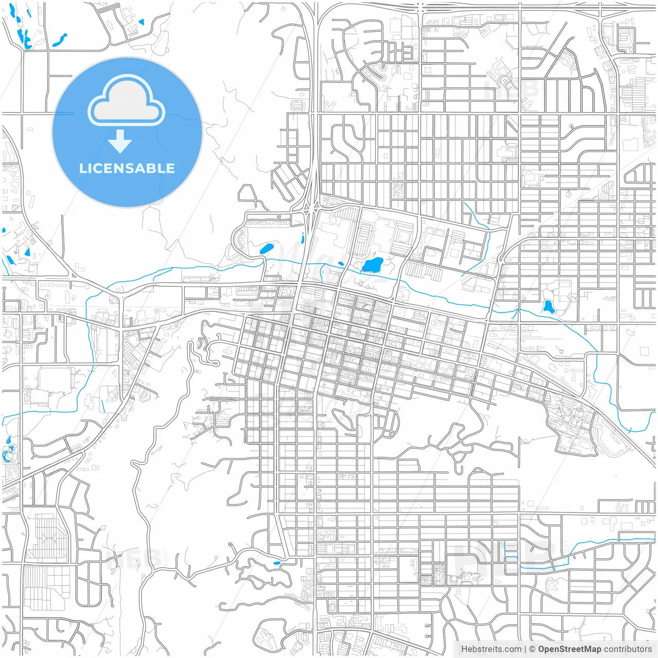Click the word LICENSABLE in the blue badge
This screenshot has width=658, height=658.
[126, 168]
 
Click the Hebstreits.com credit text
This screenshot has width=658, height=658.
[491, 649]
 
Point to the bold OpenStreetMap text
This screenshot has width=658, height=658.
[570, 649]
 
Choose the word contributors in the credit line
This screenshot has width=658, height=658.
[628, 649]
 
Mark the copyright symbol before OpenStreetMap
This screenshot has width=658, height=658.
[532, 649]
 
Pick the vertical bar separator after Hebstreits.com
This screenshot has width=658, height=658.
[525, 649]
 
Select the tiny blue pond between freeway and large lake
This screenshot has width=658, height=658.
[340, 264]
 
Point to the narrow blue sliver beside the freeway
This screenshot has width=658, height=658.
[303, 237]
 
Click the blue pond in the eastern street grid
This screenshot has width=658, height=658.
[548, 307]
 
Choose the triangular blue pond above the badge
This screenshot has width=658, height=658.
[141, 22]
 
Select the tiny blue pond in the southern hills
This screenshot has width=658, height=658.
[277, 563]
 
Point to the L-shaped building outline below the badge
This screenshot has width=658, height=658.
[79, 267]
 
